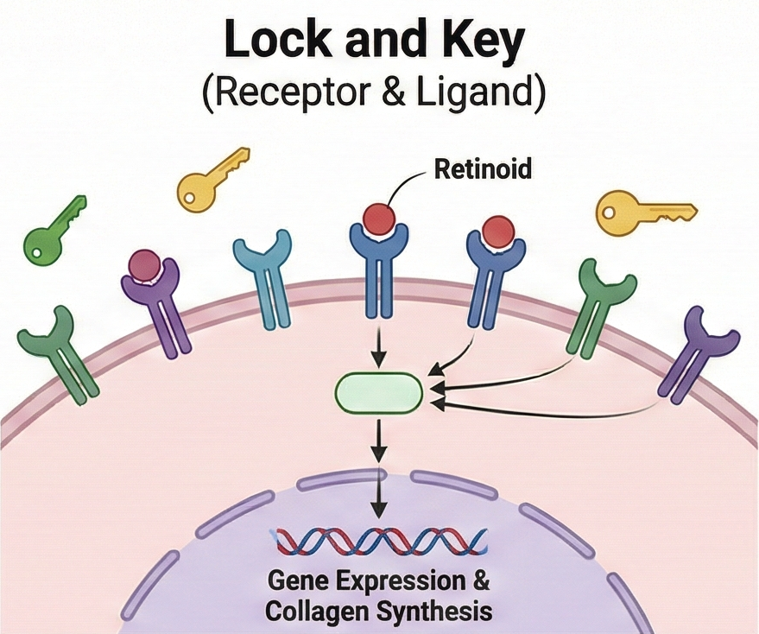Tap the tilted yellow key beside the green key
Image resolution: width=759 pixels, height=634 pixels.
[x=211, y=178]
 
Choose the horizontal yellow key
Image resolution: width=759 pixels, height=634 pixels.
[x=643, y=210]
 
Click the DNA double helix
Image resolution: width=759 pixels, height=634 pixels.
[x=378, y=542]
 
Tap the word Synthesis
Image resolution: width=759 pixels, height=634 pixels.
[x=444, y=612]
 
